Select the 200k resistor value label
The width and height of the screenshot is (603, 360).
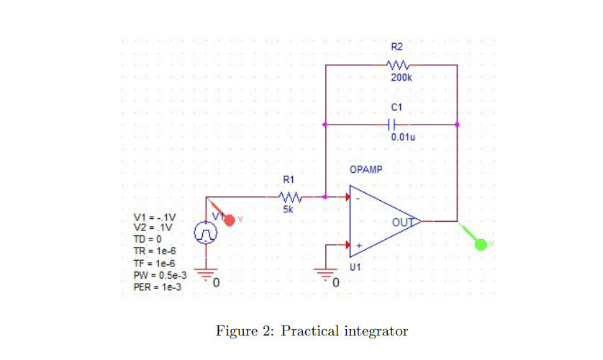402,78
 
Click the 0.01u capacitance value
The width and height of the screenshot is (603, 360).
402,137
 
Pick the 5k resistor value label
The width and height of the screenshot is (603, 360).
288,210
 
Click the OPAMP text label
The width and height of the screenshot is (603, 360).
366,170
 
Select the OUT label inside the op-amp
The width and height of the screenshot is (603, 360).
403,222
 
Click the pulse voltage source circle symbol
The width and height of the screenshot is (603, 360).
206,233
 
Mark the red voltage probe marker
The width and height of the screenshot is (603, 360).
230,219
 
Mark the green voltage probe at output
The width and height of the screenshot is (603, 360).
481,245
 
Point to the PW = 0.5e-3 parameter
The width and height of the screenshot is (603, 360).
161,275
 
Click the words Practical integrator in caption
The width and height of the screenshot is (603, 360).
345,331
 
